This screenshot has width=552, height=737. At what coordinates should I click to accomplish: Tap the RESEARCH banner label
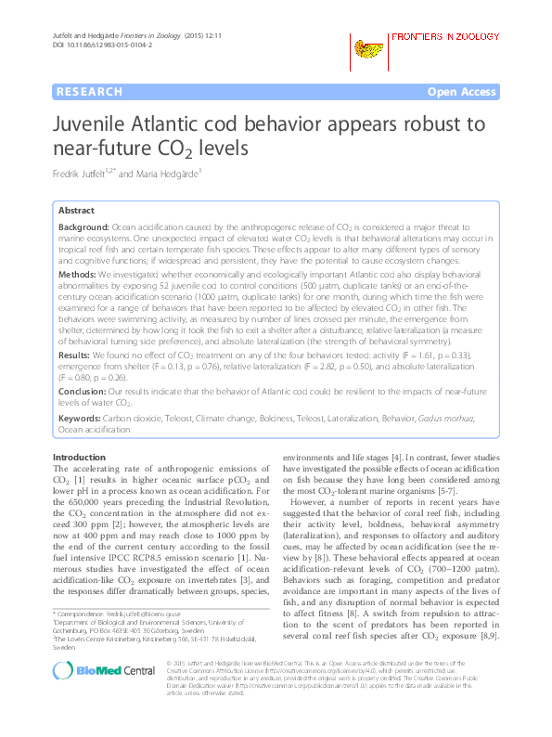click(x=89, y=92)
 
